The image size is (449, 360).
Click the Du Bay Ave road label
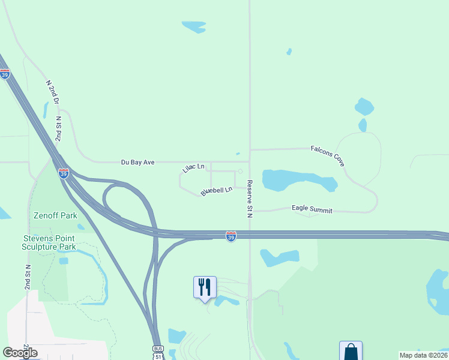pyautogui.click(x=138, y=162)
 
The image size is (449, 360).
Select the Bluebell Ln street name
pyautogui.click(x=216, y=191)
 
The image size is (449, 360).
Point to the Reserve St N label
pyautogui.click(x=250, y=199)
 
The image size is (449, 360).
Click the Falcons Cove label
pyautogui.click(x=327, y=155)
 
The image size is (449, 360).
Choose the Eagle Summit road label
pyautogui.click(x=312, y=208)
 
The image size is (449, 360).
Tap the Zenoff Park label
pyautogui.click(x=55, y=215)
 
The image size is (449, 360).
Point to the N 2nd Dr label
pyautogui.click(x=52, y=92)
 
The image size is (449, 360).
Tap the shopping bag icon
pyautogui.click(x=351, y=351)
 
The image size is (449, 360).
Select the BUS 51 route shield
pyautogui.click(x=158, y=352)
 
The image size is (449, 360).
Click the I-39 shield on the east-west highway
pyautogui.click(x=231, y=237)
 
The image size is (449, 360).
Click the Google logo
pyautogui.click(x=20, y=353)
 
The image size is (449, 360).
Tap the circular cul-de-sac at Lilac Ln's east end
pyautogui.click(x=240, y=172)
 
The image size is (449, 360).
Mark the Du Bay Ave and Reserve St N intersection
pyautogui.click(x=250, y=161)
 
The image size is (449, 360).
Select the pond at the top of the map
pyautogui.click(x=194, y=26)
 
